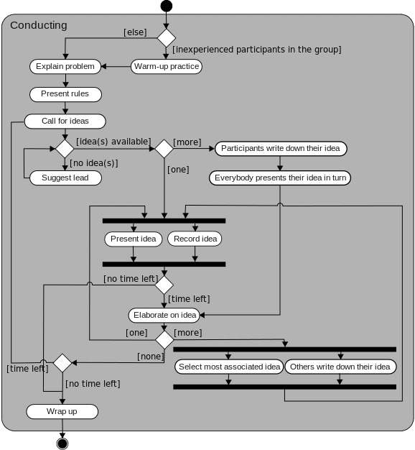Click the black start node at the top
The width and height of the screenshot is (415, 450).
click(166, 6)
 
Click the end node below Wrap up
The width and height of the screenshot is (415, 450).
click(62, 443)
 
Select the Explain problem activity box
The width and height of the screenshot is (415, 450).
click(65, 67)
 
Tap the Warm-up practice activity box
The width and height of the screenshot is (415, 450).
click(166, 67)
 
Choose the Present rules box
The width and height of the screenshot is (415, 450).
click(65, 94)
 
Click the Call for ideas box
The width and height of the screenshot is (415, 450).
click(65, 121)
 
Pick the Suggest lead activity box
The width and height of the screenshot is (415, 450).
click(65, 178)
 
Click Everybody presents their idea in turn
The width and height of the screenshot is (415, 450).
click(280, 178)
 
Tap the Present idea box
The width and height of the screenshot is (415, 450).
click(133, 239)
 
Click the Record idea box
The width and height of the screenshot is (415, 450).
click(195, 239)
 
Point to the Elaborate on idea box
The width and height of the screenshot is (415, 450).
click(165, 315)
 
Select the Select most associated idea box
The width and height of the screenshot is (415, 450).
click(228, 367)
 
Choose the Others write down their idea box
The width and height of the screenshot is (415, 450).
click(340, 367)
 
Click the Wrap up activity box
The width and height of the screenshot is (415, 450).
click(62, 412)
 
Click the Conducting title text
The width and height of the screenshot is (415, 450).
click(39, 26)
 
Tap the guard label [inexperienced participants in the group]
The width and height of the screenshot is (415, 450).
click(256, 50)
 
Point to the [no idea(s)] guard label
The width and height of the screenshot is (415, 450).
click(94, 163)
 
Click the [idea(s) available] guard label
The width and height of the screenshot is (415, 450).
click(113, 141)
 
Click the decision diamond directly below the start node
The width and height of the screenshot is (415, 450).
click(166, 37)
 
